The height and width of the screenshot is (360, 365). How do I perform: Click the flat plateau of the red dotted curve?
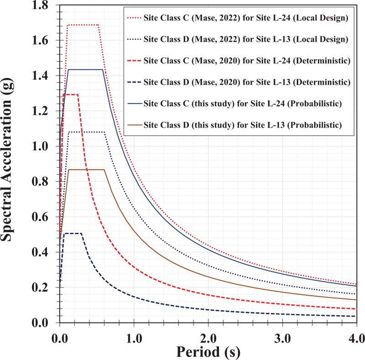point(83,25)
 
